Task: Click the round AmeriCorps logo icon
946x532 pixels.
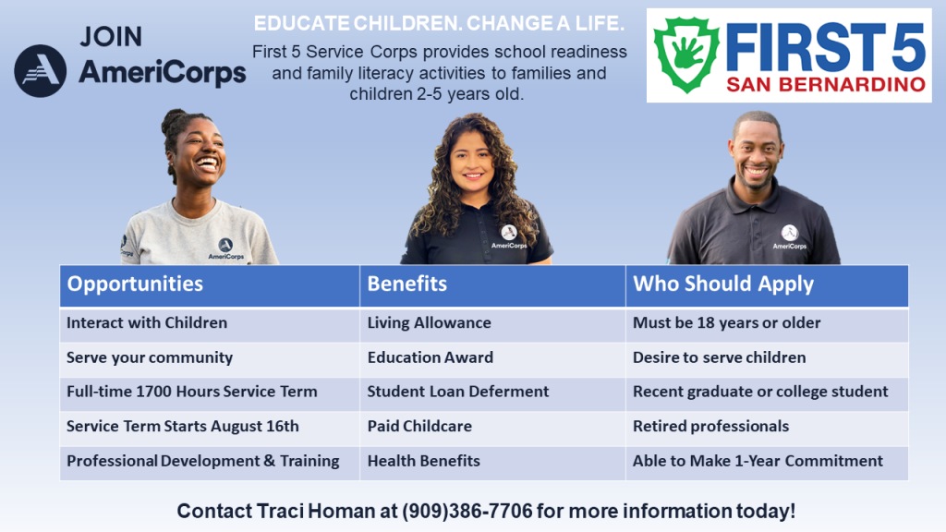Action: coord(41,70)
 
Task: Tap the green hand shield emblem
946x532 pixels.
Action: coord(687,54)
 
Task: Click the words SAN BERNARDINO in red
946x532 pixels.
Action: coord(826,84)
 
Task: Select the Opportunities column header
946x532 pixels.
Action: coord(210,285)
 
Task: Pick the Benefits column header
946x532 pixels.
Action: coord(492,285)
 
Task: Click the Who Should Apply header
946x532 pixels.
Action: coord(767,285)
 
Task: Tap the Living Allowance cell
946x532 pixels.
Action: coord(492,324)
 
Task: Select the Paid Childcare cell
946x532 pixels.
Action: coord(492,427)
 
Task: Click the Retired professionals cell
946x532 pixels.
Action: coord(767,427)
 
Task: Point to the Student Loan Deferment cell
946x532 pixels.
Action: coord(492,393)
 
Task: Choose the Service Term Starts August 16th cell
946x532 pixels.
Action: coord(210,427)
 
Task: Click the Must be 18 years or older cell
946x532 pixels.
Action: coord(767,324)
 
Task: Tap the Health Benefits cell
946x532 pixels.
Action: coord(492,462)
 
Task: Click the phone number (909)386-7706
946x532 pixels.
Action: coord(467,512)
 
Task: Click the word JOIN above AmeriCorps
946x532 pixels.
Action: coord(111,37)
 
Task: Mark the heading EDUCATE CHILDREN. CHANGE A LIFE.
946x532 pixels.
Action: coord(439,23)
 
